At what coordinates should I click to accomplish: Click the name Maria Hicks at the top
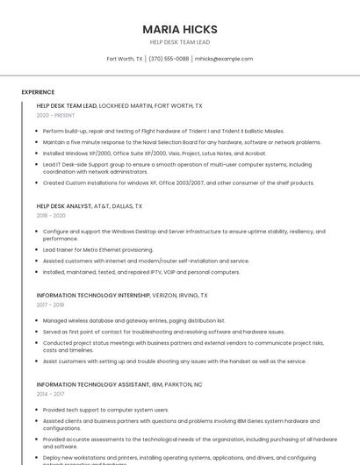180,29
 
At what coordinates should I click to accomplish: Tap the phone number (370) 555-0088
169,59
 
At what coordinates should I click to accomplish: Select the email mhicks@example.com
224,59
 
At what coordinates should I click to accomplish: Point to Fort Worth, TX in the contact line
125,59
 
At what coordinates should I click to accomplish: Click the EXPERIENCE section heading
38,91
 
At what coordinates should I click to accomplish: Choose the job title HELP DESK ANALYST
64,206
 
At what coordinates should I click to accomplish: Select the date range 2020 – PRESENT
55,115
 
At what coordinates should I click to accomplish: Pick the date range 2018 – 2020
51,215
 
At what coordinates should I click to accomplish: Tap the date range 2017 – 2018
50,304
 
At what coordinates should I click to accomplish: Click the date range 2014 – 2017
50,394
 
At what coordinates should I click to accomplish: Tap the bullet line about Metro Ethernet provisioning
97,249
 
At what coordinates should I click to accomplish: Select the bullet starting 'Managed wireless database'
133,320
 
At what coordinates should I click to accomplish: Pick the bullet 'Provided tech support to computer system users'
105,410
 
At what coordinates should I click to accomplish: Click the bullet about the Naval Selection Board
182,141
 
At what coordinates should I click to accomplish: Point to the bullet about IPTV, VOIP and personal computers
141,271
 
